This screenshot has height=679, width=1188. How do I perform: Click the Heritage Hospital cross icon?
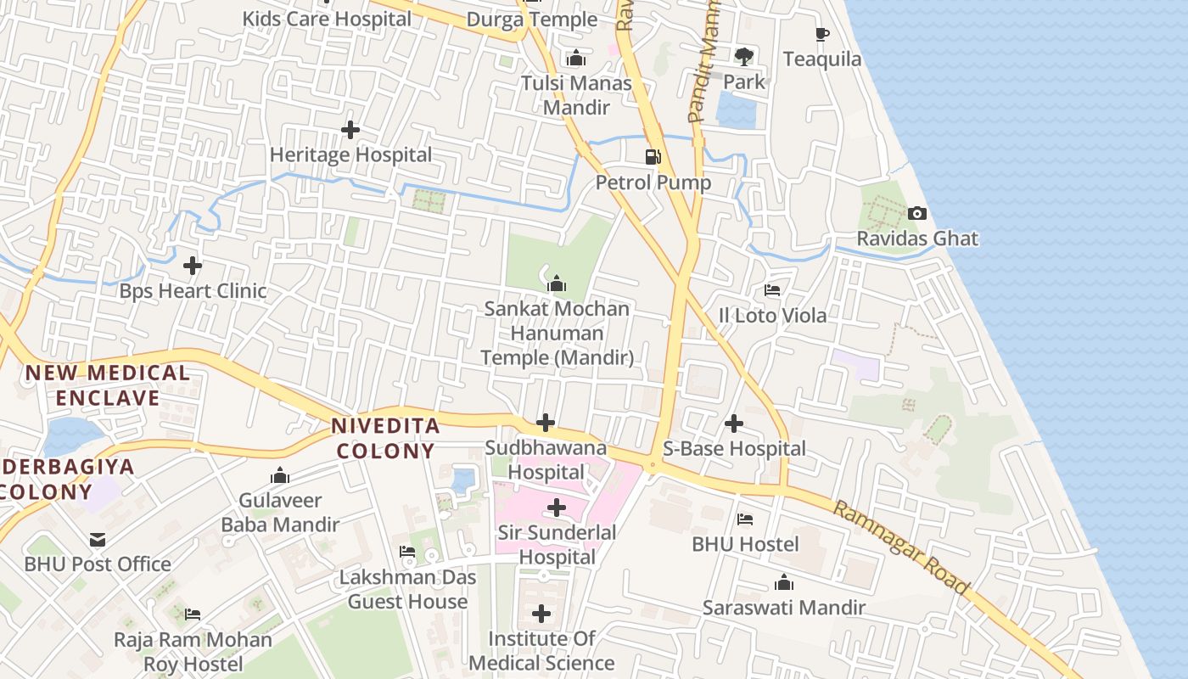pos(350,130)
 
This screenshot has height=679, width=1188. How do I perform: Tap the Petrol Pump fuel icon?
pos(653,157)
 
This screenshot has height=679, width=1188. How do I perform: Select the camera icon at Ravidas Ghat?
pos(916,213)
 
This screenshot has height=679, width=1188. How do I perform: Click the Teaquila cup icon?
pos(821,34)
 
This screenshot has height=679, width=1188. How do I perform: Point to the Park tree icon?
pos(744,57)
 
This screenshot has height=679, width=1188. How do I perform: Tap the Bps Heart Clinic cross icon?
pos(193,266)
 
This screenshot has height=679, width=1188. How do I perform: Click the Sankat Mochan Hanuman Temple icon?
pos(557,283)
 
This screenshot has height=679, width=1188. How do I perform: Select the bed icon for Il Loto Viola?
pos(772,290)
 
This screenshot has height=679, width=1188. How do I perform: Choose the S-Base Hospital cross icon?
pos(734,423)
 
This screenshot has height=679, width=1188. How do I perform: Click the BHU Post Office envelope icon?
pos(98,539)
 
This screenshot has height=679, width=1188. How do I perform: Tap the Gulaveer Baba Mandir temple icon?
pos(280,475)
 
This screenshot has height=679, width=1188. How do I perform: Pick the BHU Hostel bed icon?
pos(745,519)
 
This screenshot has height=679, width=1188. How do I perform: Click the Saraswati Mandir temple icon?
pos(784,582)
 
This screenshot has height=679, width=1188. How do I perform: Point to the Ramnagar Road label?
pos(901,547)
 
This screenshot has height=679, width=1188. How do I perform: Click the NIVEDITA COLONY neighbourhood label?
pos(386,438)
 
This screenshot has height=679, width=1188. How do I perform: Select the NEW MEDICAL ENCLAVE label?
pos(107,385)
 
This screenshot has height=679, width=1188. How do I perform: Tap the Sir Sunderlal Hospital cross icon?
pos(557,508)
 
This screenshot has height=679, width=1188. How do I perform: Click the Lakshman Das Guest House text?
pos(408,589)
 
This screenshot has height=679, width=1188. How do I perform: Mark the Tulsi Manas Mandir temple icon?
pos(576,59)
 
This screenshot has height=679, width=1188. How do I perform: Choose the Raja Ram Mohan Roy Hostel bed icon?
pos(193,614)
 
